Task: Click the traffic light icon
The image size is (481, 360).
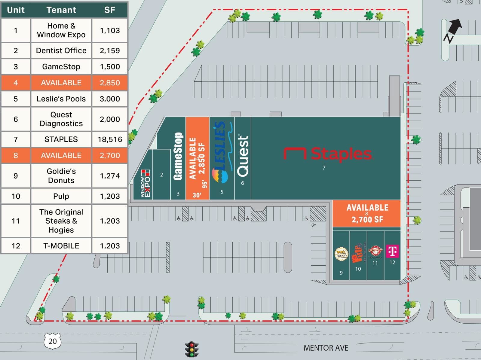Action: (x=191, y=349)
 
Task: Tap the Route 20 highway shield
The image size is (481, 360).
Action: (x=53, y=341)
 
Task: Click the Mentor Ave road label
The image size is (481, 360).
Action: (x=326, y=348)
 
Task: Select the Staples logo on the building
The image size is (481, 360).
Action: (x=328, y=154)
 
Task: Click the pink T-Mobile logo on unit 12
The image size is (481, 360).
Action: (x=392, y=251)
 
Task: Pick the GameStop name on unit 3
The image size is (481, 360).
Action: (x=178, y=156)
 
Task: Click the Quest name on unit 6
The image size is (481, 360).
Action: (x=243, y=156)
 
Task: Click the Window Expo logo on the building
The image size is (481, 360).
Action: (x=145, y=183)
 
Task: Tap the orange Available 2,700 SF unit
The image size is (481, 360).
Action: (x=367, y=213)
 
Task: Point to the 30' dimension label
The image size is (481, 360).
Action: (x=197, y=195)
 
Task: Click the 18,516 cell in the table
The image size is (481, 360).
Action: (x=110, y=139)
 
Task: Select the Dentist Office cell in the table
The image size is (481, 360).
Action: (x=61, y=50)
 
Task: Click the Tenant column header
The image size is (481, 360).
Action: (x=61, y=10)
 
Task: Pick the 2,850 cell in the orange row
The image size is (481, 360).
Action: (x=110, y=83)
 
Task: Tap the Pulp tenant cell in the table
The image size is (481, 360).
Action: (x=61, y=196)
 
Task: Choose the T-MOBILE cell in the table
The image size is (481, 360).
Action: (x=61, y=246)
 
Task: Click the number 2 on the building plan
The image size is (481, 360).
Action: (x=161, y=175)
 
